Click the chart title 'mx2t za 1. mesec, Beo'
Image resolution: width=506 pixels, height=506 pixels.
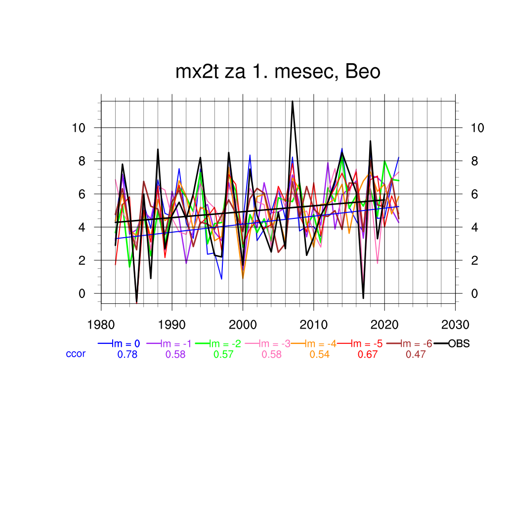pos(278,72)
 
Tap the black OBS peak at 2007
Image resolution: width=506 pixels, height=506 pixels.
pos(293,102)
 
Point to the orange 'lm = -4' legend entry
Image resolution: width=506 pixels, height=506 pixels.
pos(319,344)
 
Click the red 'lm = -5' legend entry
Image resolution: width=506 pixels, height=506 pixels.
pos(367,344)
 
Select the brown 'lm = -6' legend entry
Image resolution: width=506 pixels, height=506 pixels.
pos(416,344)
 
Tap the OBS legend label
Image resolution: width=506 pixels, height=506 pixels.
pos(459,344)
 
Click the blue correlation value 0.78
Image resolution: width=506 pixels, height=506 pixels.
pos(127,354)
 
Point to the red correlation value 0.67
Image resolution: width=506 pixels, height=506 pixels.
pos(367,354)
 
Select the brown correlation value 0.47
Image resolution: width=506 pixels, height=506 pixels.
pos(416,354)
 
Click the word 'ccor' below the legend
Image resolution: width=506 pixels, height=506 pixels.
pos(76,354)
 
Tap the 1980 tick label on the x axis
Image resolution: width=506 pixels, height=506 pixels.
pos(101,325)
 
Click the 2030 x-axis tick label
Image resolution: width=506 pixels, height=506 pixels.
pos(455,325)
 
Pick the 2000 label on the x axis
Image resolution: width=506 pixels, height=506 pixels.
pos(243,325)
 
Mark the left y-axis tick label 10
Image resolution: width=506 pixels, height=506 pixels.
pos(79,128)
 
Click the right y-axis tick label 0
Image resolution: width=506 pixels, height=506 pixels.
pos(475,294)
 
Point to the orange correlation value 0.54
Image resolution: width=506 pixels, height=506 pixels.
pos(319,354)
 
